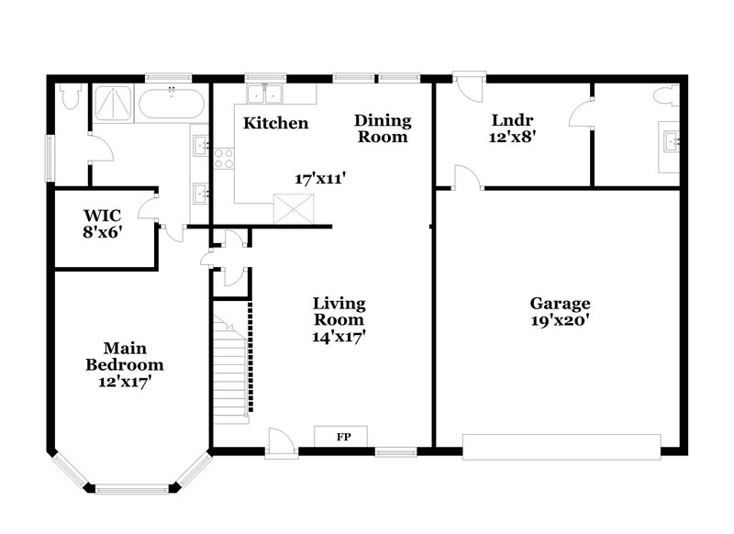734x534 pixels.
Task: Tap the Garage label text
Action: coord(560,304)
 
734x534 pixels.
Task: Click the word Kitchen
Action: coord(275,123)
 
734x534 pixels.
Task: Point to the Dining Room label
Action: coord(383,128)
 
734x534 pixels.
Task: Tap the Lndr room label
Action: coord(513,119)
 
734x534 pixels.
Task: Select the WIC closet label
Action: coord(103,217)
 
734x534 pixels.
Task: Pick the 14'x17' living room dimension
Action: coord(339,337)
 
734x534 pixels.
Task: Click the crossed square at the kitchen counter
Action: coord(294,210)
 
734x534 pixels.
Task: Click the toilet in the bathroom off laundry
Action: coord(667,96)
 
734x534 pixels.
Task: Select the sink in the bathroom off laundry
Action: coord(672,140)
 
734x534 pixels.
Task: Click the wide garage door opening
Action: coord(561,447)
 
